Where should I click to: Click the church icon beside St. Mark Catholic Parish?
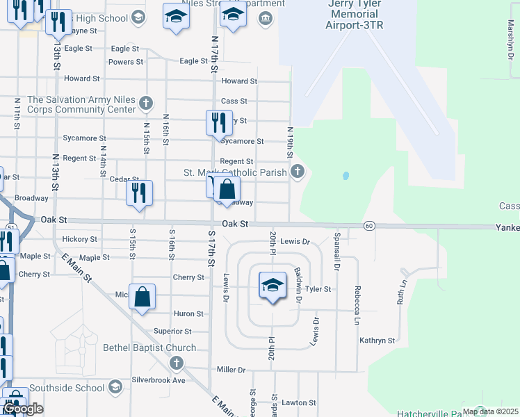pyautogui.click(x=298, y=172)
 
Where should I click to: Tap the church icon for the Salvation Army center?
pyautogui.click(x=145, y=104)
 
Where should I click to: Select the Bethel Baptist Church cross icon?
pyautogui.click(x=177, y=363)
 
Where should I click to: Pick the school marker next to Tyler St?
pyautogui.click(x=273, y=285)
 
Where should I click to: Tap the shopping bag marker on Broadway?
pyautogui.click(x=227, y=189)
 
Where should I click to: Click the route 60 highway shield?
pyautogui.click(x=369, y=226)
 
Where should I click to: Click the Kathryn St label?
pyautogui.click(x=377, y=341)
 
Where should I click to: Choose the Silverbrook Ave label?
pyautogui.click(x=159, y=380)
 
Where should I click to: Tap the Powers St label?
pyautogui.click(x=126, y=62)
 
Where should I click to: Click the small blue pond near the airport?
pyautogui.click(x=346, y=177)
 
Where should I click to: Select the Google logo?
pyautogui.click(x=23, y=409)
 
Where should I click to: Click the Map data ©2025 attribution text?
pyautogui.click(x=489, y=411)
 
